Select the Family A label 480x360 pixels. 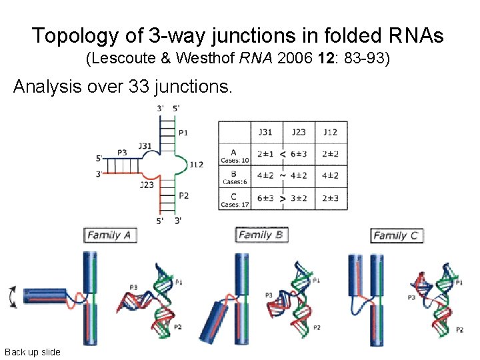tap(111, 235)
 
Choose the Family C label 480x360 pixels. tap(397, 235)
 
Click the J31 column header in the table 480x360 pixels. tap(267, 132)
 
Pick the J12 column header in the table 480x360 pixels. tap(331, 132)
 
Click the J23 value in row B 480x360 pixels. tap(299, 176)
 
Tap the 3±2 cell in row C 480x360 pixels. tap(299, 198)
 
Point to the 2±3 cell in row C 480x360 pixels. tap(331, 198)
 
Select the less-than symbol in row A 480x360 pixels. tap(283, 154)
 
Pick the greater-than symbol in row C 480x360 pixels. tap(283, 198)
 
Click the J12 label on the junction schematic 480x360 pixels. tap(196, 164)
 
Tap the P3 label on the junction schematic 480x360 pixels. tap(121, 153)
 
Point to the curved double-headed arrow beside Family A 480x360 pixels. tap(10, 297)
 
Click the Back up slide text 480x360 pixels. tap(32, 352)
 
